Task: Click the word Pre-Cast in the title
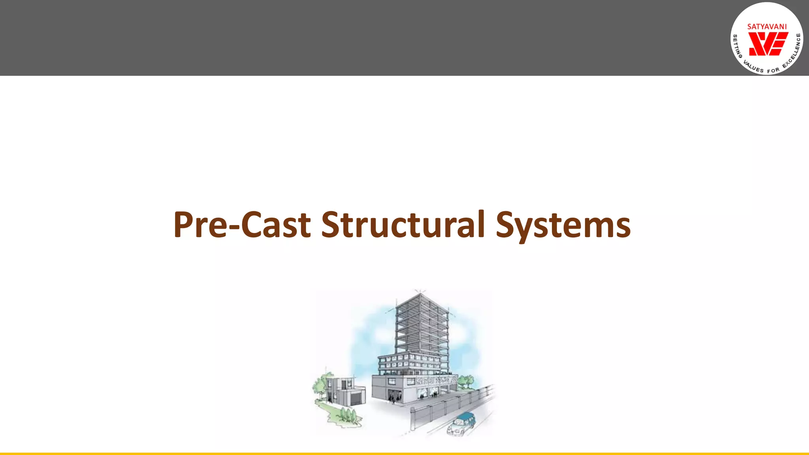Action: tap(242, 225)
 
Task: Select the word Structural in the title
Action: tap(403, 225)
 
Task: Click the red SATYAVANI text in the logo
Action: tap(767, 27)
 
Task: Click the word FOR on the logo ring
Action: tap(773, 71)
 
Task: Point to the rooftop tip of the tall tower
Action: tap(420, 293)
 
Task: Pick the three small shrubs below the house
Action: tap(348, 415)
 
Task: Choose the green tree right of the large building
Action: tap(465, 381)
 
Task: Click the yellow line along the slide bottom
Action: tap(404, 453)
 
